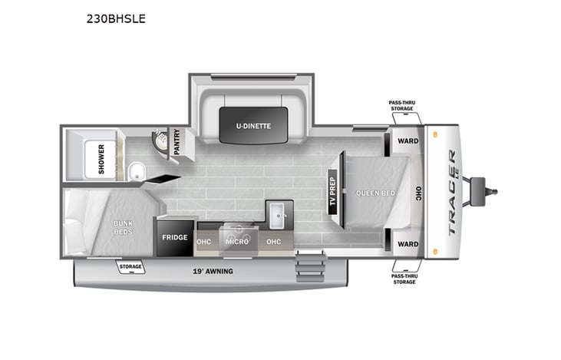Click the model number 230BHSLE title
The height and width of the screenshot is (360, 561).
(x=116, y=19)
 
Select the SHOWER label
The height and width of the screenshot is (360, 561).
(x=101, y=160)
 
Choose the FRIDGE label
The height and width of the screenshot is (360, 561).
(x=174, y=238)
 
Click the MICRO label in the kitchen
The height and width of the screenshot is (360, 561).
(x=236, y=241)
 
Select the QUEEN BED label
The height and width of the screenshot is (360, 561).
(x=376, y=193)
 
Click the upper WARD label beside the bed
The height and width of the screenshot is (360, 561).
(x=408, y=141)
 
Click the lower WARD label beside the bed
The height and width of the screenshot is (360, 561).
(x=408, y=244)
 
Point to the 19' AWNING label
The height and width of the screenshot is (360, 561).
(x=213, y=272)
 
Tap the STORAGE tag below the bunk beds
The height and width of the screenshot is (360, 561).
(x=130, y=267)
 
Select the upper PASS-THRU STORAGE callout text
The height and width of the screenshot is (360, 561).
(x=401, y=105)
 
